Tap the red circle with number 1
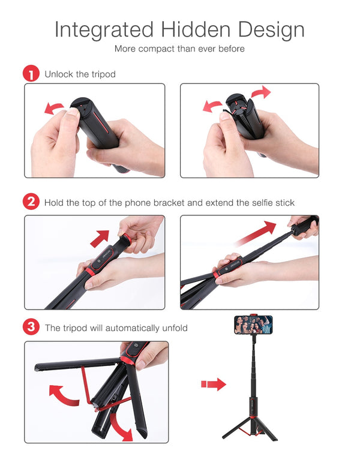coord(31,74)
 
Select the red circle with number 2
coord(31,202)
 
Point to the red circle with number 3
coord(31,328)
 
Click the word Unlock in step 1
coord(58,74)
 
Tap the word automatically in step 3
coord(131,328)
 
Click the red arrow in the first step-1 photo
coord(55,108)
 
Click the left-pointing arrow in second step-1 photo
coord(212,106)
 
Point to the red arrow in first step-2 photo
coord(100,237)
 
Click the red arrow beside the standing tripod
coord(214,384)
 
